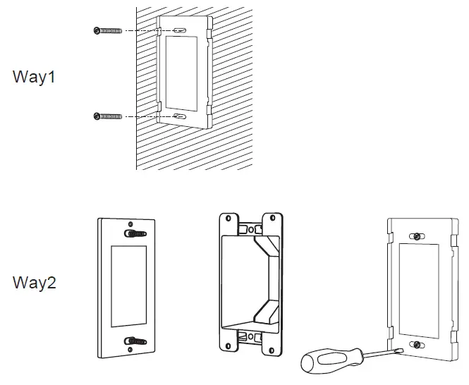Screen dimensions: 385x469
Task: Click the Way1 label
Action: point(34,78)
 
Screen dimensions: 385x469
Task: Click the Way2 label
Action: point(34,283)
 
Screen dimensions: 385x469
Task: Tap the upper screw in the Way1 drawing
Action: point(107,30)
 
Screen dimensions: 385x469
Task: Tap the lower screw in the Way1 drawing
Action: point(107,116)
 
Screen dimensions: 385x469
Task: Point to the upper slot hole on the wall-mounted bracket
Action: point(181,31)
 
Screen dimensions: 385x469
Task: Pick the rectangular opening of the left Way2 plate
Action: point(128,287)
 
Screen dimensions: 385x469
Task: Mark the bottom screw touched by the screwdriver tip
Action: point(418,344)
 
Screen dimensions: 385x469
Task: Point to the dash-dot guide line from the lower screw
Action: point(148,116)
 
